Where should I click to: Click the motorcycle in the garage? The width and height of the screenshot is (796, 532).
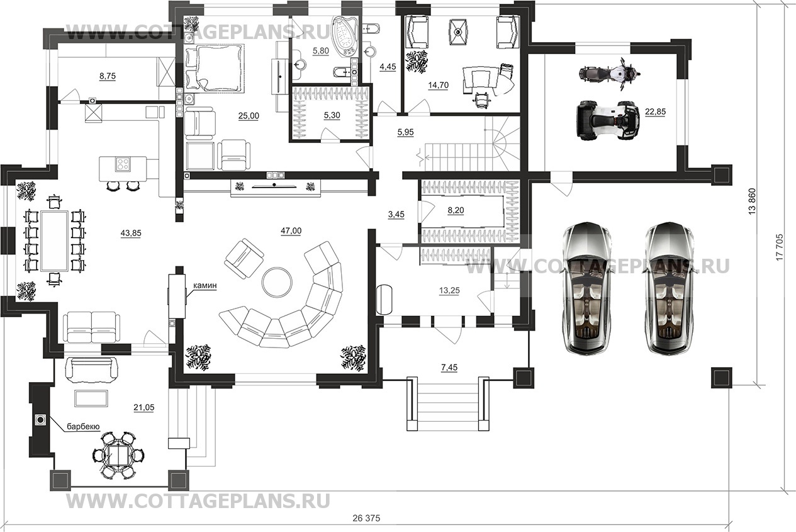609,74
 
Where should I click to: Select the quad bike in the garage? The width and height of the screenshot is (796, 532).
606,120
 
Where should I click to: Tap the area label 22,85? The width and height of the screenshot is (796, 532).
655,111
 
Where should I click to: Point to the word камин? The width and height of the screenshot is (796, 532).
205,285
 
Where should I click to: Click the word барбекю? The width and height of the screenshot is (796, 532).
83,427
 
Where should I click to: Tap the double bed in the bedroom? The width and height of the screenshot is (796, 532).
215,67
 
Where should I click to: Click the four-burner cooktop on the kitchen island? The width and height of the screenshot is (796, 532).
123,164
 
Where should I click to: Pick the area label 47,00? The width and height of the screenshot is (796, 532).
291,231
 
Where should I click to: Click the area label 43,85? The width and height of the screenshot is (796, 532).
131,234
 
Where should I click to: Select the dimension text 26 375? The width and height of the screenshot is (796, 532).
366,518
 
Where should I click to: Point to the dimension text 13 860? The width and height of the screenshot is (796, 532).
751,201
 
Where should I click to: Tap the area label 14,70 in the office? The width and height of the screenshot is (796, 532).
438,85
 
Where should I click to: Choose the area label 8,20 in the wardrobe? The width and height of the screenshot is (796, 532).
456,210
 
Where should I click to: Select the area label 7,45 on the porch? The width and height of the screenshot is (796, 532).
449,367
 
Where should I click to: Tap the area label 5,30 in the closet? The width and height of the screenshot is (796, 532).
332,116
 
